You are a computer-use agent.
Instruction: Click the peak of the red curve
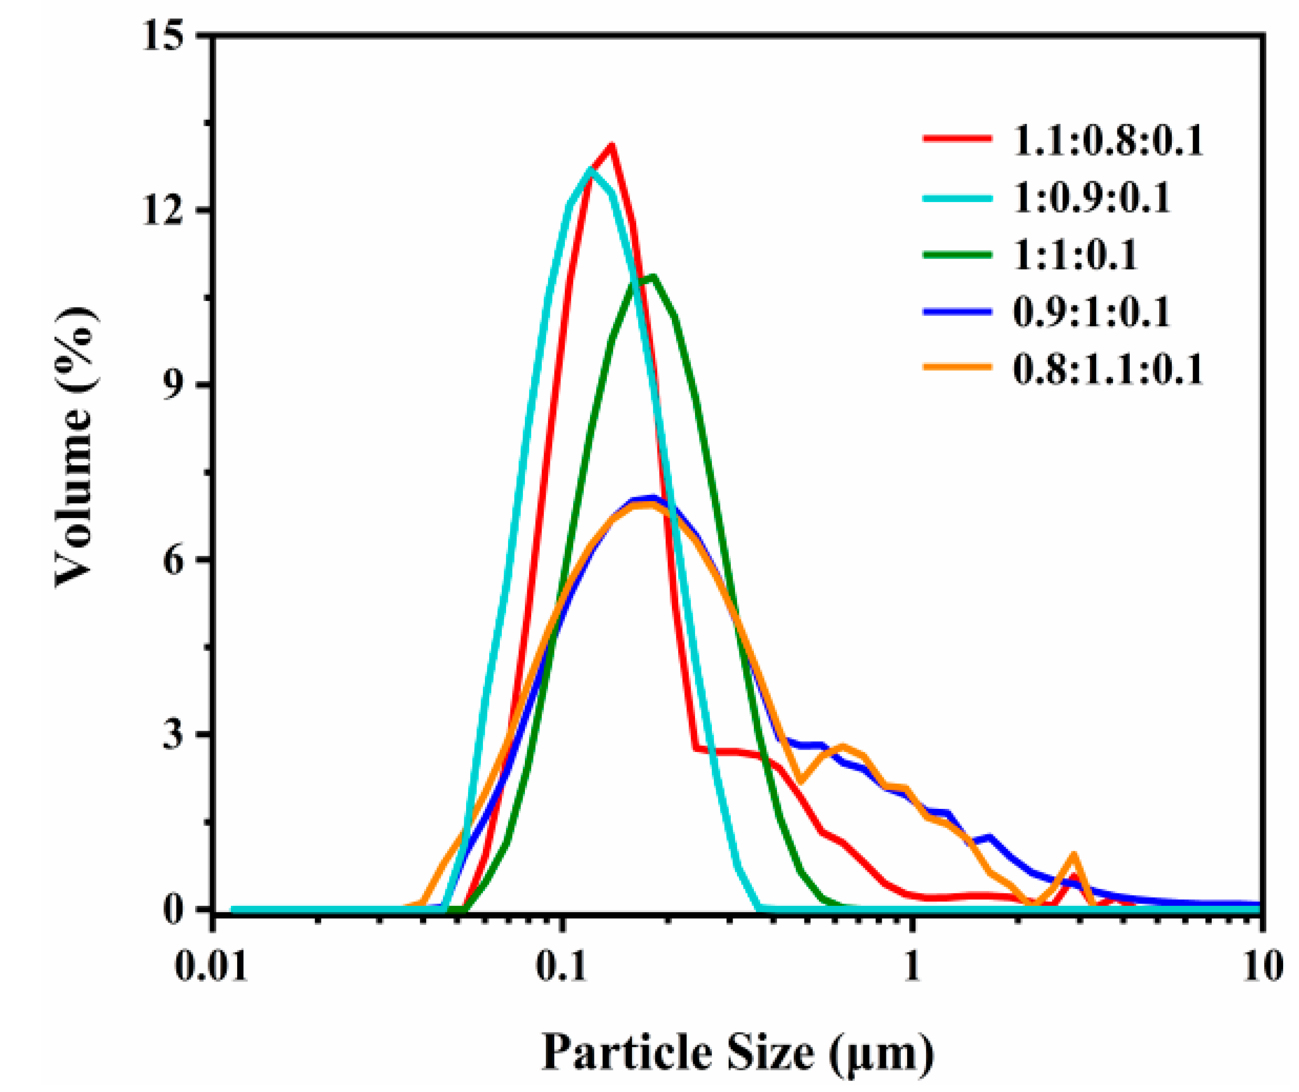(611, 147)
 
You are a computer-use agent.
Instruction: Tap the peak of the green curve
(651, 277)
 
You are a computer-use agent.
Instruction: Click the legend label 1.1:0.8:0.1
(1107, 140)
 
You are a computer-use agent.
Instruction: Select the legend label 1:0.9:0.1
(1092, 198)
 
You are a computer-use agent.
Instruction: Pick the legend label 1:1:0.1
(1075, 255)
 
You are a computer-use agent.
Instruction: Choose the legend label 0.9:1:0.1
(1092, 312)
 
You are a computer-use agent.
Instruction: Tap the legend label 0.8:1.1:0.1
(1107, 369)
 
